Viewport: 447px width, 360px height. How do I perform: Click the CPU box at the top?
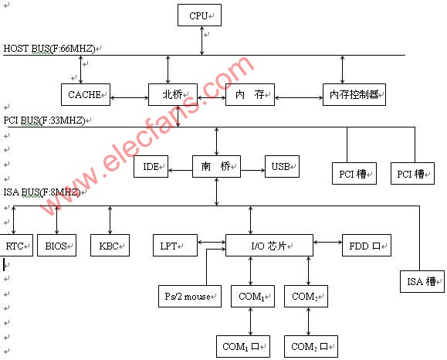coord(199,15)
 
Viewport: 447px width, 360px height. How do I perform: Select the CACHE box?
coord(86,94)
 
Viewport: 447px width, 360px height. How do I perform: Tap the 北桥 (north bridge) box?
coord(173,94)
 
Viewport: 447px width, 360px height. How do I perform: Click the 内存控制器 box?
coord(354,94)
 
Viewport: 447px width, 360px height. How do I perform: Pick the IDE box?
coord(151,166)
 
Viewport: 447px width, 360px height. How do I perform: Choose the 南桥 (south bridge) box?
coord(216,166)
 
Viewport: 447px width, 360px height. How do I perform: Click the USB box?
coord(282,166)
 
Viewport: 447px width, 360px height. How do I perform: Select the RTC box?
coord(16,246)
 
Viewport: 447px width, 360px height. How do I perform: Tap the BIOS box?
coord(56,246)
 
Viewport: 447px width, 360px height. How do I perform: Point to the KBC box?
coord(110,246)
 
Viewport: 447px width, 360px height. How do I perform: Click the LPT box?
coord(175,246)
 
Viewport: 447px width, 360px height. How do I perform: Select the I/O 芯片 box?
coord(269,246)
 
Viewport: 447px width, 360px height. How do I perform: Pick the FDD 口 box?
coord(366,246)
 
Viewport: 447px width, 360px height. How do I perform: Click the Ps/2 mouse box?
coord(190,296)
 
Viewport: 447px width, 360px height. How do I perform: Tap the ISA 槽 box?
coord(422,281)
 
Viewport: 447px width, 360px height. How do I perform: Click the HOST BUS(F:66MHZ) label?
coord(49,49)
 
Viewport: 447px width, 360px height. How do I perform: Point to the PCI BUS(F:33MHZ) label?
coord(44,121)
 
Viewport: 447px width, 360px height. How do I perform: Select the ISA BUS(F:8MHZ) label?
coord(42,192)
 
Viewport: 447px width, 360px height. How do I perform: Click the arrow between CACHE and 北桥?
coord(129,98)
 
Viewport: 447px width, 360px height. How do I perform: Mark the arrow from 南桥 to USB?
coord(252,170)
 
